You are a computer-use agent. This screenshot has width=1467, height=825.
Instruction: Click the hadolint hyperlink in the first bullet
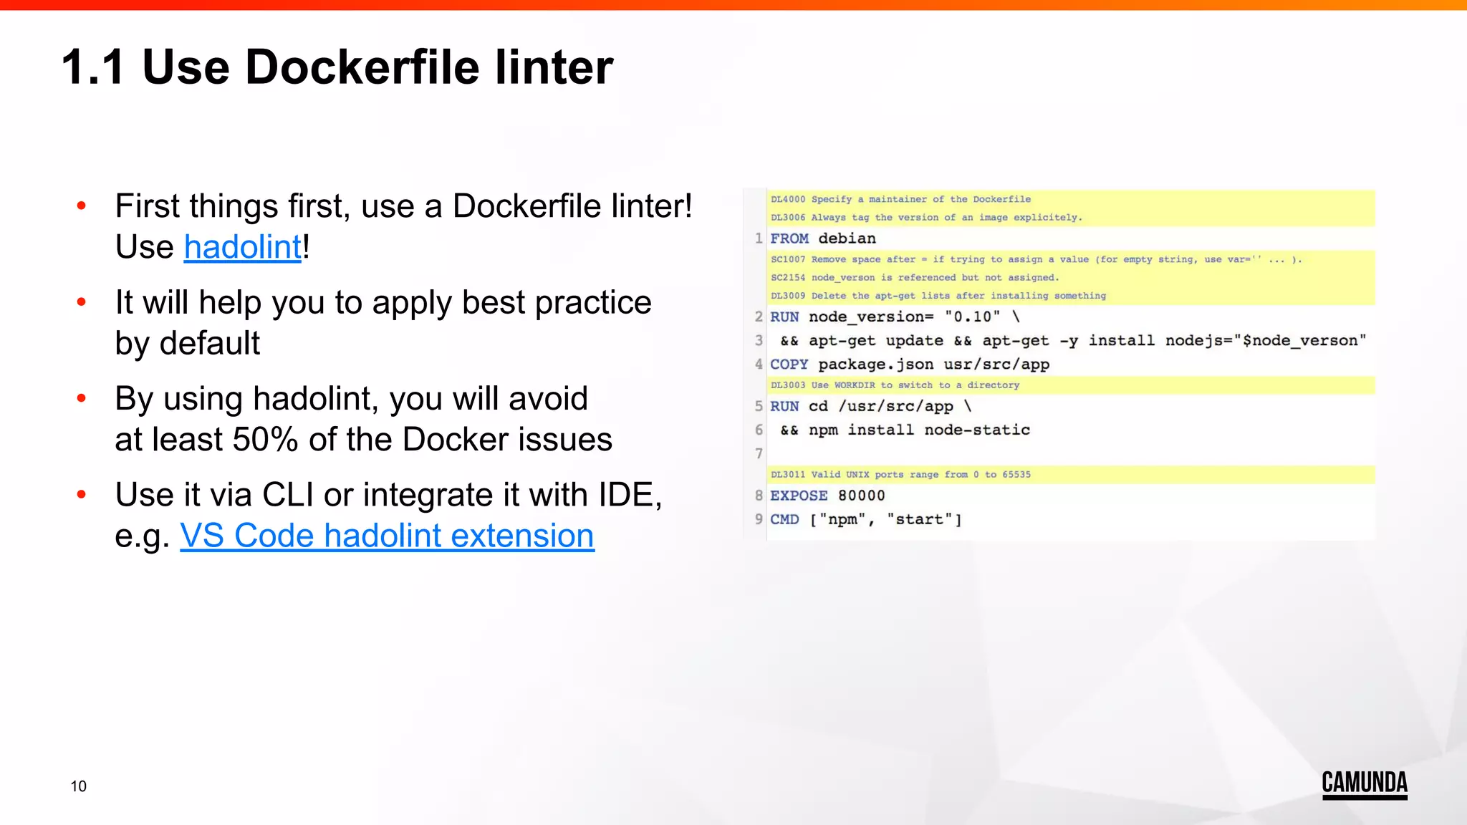pos(242,248)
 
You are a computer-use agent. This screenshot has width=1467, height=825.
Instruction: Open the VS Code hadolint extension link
pos(387,536)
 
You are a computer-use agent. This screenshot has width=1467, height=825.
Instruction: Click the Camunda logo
pos(1364,783)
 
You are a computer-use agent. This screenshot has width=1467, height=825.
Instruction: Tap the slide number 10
pos(78,786)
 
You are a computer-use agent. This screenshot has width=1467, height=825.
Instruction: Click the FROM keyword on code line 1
pos(789,238)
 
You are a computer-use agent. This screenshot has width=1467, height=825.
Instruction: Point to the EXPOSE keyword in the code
pos(798,496)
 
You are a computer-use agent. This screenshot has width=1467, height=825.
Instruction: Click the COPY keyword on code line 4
pos(789,365)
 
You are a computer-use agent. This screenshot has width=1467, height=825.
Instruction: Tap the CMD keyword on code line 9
pos(784,519)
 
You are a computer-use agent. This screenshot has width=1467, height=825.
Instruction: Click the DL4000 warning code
pos(787,199)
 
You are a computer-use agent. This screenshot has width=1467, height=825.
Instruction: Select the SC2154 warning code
pos(787,278)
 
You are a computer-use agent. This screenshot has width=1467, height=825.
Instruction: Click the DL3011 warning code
pos(787,475)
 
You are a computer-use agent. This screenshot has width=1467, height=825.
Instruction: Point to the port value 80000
pos(861,496)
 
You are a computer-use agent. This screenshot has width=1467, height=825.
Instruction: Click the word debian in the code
pos(847,238)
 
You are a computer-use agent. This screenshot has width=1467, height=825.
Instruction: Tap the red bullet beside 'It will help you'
pos(82,302)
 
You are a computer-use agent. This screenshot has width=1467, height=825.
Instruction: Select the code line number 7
pos(759,453)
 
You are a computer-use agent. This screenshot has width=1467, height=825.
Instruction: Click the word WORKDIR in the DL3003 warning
pos(854,385)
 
